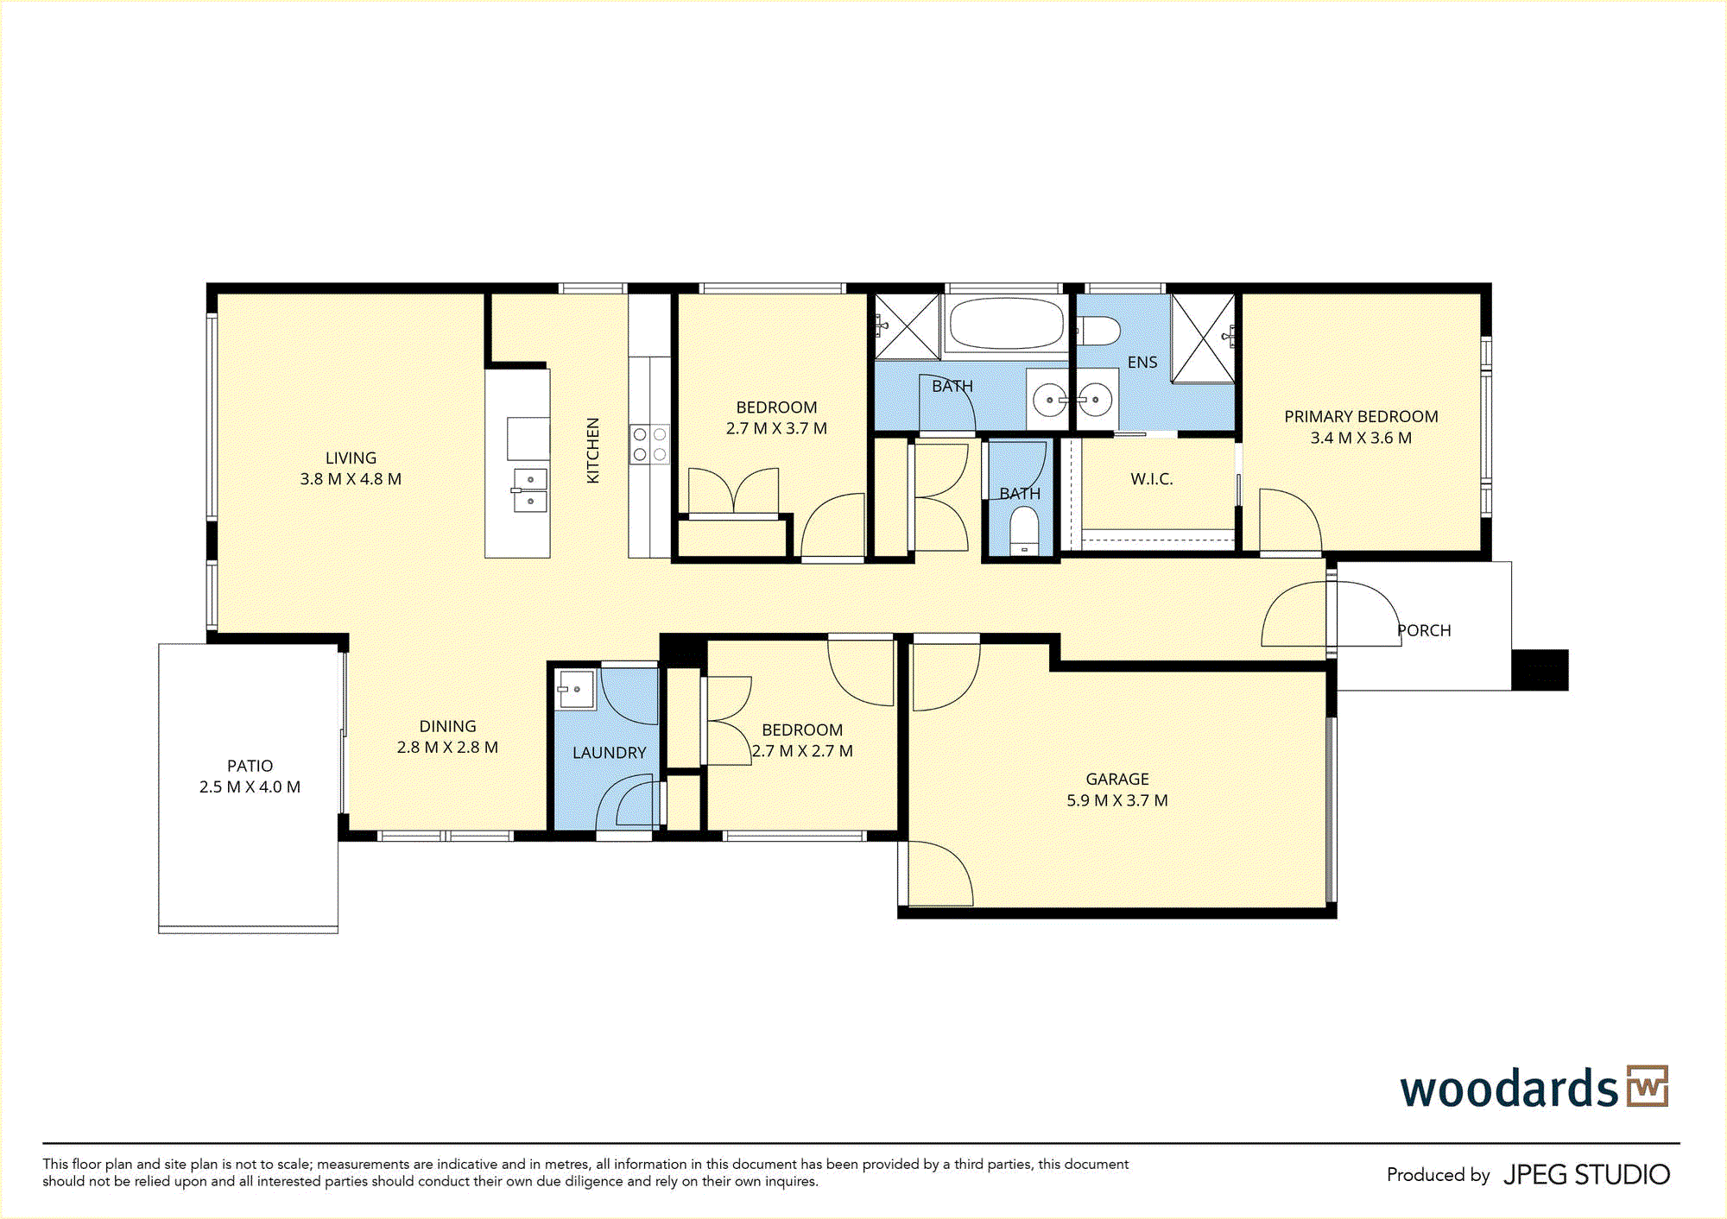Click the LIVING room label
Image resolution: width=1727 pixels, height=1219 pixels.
351,458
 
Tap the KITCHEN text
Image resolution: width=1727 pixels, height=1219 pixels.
593,451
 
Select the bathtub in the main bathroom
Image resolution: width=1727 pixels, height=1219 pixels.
1006,324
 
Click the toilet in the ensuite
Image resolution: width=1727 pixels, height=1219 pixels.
1098,330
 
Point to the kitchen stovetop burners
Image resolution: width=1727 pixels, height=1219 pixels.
649,444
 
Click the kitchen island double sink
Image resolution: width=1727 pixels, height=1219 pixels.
530,489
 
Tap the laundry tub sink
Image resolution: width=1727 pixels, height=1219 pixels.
574,689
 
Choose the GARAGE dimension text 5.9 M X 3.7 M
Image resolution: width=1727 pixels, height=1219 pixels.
1117,800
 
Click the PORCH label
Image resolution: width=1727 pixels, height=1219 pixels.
1424,631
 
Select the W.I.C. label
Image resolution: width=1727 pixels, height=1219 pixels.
1152,479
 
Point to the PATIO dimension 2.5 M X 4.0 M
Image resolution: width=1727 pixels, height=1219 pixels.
250,787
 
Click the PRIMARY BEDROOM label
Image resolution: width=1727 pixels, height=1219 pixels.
1361,417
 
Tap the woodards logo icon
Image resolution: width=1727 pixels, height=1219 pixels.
1648,1086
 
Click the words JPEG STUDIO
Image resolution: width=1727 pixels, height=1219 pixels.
1586,1175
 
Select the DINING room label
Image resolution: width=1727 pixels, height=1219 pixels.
447,727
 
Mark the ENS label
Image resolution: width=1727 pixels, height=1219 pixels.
1142,363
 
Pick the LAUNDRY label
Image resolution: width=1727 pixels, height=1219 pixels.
609,753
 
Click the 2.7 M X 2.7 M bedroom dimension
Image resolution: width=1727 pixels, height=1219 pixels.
802,751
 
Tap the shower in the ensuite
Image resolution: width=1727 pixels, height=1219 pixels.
1203,338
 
